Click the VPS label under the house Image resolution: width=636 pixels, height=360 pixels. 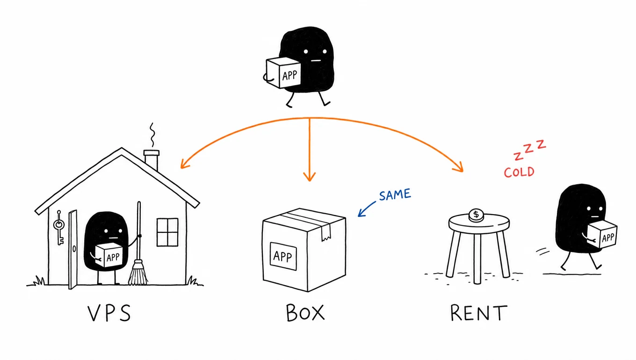109,313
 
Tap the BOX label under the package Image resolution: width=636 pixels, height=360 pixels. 305,313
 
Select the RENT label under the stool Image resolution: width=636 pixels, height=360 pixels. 479,313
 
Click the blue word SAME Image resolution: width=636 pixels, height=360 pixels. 395,194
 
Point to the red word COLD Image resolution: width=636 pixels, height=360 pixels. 519,173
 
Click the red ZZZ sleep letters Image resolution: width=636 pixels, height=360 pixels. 530,149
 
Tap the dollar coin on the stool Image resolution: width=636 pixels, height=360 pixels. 476,215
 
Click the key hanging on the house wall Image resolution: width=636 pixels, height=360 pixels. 59,227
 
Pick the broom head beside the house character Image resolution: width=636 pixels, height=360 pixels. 138,273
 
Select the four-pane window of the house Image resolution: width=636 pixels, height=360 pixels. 167,232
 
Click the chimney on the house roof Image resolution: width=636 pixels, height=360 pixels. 152,159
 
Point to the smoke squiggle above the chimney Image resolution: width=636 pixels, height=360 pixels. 153,135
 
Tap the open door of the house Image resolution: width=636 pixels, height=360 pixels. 73,249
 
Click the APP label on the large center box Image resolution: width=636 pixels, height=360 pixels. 283,256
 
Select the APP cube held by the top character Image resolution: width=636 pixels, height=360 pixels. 283,72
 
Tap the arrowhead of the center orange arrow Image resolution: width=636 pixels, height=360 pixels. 309,176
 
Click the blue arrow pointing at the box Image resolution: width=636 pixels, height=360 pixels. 367,209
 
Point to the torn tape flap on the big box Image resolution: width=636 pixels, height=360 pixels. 326,233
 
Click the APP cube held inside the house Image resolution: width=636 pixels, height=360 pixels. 109,255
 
